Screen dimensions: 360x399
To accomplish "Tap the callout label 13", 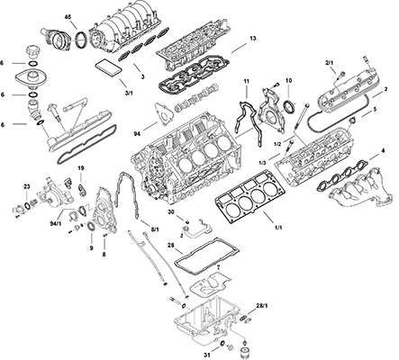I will (253, 39).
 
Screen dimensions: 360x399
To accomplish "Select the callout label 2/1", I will (331, 63).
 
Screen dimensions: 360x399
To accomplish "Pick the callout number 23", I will (28, 186).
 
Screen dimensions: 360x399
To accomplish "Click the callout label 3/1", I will (128, 92).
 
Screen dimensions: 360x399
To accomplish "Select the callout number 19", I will (80, 169).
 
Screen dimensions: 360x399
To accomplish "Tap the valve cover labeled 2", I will (348, 94).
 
